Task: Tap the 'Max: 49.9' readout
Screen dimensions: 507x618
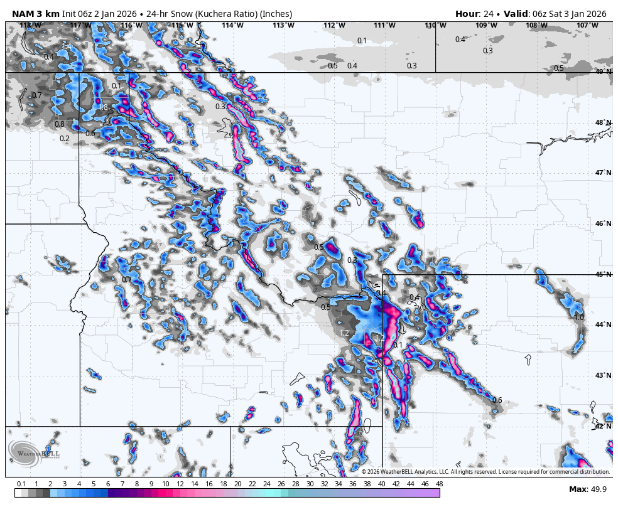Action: [588, 489]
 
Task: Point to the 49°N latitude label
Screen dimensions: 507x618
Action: [604, 72]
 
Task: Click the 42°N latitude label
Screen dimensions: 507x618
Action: [604, 426]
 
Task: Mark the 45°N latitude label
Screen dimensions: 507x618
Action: [604, 274]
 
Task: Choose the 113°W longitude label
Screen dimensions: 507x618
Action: [283, 26]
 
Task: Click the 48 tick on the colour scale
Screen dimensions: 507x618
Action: [439, 484]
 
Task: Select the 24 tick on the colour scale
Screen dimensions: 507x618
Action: [266, 484]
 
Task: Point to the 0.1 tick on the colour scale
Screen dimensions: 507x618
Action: [21, 484]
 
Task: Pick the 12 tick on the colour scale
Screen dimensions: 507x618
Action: [180, 484]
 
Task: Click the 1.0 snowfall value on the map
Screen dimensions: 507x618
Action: [579, 318]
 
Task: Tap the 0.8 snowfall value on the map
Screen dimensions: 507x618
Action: [60, 124]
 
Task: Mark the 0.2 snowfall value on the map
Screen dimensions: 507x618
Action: [65, 139]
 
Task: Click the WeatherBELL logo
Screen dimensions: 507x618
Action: [34, 453]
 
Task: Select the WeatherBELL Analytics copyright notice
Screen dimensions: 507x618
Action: [485, 472]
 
